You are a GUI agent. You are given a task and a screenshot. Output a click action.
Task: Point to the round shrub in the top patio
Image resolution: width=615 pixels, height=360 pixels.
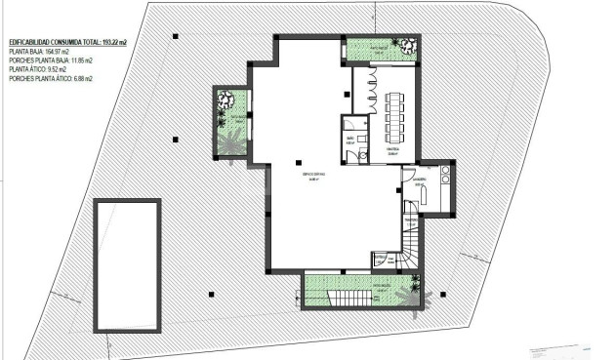tap(400, 44)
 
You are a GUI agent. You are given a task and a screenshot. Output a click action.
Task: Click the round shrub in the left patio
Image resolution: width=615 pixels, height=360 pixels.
tap(225, 99)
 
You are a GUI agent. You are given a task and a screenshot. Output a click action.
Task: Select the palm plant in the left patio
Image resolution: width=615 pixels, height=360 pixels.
tap(231, 142)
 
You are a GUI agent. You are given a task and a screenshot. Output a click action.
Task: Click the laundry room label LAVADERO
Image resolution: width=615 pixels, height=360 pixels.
tap(420, 180)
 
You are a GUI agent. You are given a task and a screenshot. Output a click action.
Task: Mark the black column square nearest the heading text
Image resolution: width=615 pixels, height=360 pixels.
tap(175, 38)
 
